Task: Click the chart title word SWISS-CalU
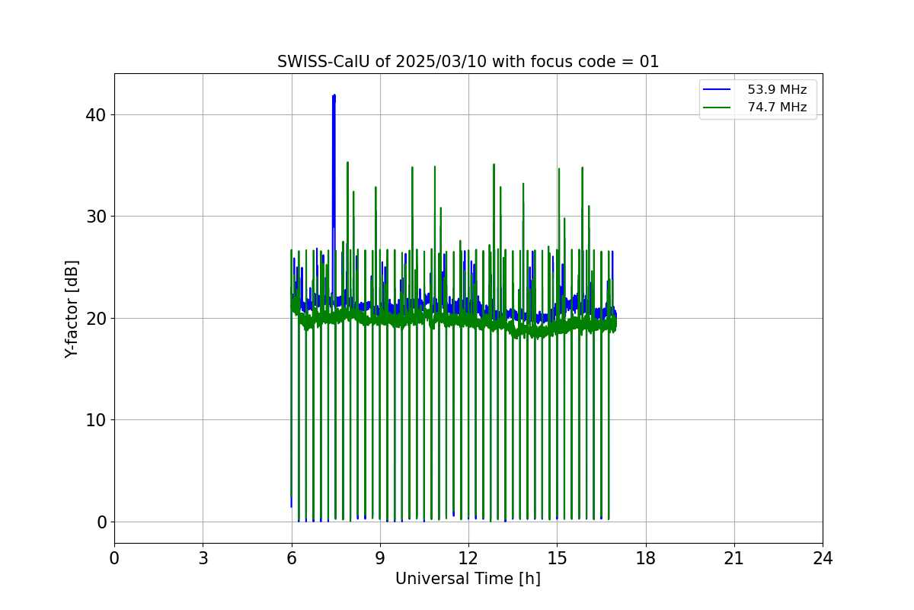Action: point(324,62)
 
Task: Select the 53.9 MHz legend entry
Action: point(755,89)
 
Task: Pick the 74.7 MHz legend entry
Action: point(755,107)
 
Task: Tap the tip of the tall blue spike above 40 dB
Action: point(334,95)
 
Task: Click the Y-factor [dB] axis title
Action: point(71,309)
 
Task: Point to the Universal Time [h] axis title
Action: point(468,579)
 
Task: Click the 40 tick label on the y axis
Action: point(95,115)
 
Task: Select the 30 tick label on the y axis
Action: point(95,217)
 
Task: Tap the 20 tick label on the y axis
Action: point(95,318)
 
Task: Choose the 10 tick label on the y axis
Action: point(95,420)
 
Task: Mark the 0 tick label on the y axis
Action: point(101,522)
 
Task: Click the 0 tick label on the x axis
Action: point(114,558)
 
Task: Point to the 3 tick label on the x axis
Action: point(203,558)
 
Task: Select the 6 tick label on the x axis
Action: point(292,558)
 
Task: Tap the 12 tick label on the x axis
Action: point(468,558)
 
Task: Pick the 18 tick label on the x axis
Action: point(646,558)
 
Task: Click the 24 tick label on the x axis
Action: point(823,558)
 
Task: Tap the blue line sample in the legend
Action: point(717,89)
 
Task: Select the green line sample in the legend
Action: point(717,108)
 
